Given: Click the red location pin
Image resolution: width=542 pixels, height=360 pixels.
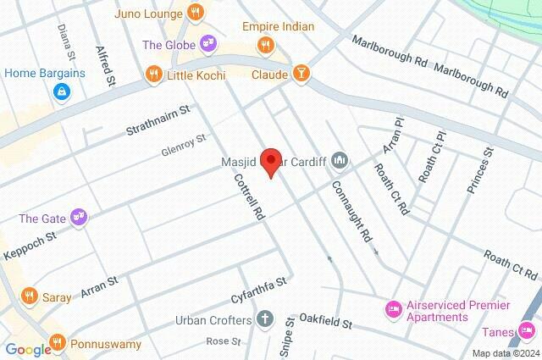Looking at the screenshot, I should tap(270, 161).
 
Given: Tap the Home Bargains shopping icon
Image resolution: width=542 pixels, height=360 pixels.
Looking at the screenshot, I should tap(62, 91).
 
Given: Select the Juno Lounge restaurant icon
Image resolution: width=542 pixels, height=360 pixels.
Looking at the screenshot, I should tap(196, 14).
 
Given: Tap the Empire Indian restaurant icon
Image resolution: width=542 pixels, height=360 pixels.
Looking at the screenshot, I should tap(266, 45).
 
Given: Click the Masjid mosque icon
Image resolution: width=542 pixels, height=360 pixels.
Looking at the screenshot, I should tap(340, 159).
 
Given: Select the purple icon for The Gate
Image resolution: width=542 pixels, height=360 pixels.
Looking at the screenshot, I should tap(79, 218).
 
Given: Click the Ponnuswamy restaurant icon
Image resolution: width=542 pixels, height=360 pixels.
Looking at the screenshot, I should tap(58, 343).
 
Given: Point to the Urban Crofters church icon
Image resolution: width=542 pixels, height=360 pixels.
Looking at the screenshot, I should tap(266, 320).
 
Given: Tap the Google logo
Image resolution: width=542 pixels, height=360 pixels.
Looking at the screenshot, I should tap(28, 349).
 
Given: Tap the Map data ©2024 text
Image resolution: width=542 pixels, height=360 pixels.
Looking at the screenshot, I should tap(506, 353).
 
